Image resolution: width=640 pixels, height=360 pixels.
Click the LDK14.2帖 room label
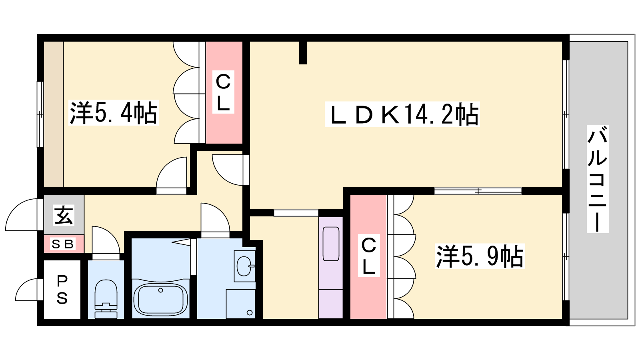tap(402, 114)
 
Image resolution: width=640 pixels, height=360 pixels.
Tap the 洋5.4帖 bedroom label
tap(114, 113)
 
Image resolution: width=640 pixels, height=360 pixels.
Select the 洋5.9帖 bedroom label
tap(480, 256)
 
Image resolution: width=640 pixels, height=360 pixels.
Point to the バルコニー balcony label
tap(598, 179)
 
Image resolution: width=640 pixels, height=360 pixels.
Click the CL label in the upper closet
tap(223, 92)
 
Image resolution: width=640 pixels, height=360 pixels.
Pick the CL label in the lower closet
tap(369, 256)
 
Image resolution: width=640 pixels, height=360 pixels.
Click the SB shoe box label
tap(62, 244)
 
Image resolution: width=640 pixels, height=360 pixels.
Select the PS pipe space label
tap(62, 290)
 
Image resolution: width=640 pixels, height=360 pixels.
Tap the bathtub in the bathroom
tap(160, 300)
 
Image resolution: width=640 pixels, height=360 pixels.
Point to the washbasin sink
tap(244, 266)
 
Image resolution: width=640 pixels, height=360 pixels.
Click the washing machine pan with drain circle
tap(240, 304)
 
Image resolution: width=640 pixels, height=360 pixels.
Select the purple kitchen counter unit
tap(330, 268)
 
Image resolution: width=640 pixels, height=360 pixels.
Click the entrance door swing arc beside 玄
tap(22, 215)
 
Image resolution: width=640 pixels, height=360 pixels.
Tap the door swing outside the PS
tap(26, 290)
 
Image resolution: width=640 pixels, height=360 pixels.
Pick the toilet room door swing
tap(106, 240)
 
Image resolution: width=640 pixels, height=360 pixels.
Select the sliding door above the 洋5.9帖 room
tap(478, 191)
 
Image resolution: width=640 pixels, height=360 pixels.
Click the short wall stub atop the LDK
tap(303, 52)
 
